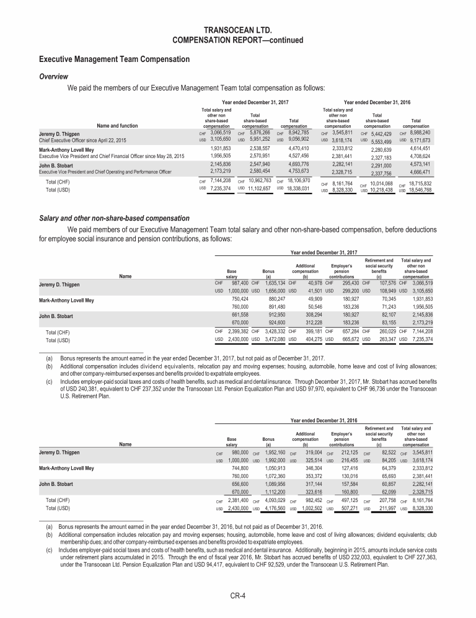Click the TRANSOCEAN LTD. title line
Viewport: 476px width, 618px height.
point(237,29)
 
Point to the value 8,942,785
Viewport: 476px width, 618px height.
point(295,132)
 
